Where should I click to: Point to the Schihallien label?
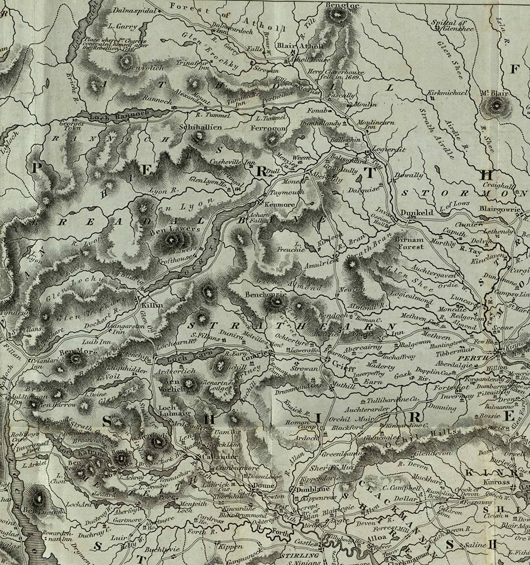coord(201,127)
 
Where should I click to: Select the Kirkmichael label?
coord(447,92)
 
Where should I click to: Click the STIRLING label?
coord(300,556)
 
